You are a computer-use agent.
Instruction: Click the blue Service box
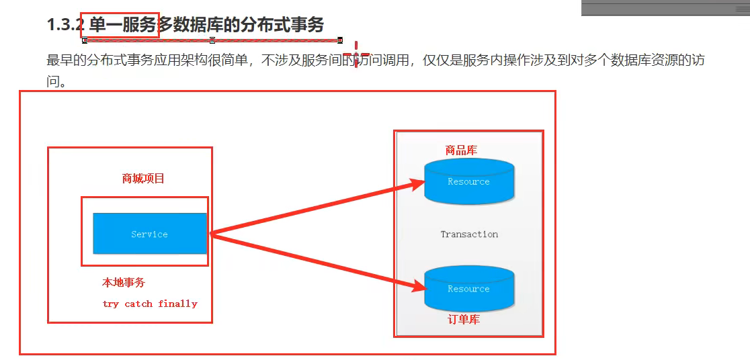(x=149, y=233)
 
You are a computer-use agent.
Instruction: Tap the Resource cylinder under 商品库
(x=468, y=181)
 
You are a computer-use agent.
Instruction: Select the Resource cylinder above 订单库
(x=468, y=289)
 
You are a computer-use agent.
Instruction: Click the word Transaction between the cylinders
(x=469, y=234)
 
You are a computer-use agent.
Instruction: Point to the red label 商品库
(x=461, y=150)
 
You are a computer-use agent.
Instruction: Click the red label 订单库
(x=464, y=320)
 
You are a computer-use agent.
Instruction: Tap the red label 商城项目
(x=143, y=179)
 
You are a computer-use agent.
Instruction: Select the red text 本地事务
(x=124, y=283)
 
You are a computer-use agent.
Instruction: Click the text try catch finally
(x=150, y=304)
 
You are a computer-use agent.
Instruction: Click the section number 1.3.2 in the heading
(x=65, y=25)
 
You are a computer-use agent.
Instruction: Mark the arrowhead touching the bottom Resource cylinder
(x=419, y=287)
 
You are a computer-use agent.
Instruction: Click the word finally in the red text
(x=178, y=304)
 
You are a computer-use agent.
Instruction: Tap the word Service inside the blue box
(x=149, y=234)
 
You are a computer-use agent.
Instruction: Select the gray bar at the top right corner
(x=665, y=7)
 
